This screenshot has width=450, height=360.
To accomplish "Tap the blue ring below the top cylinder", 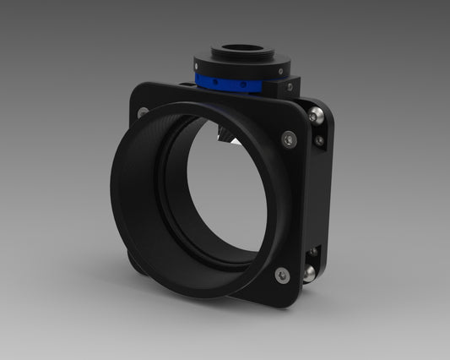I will (229, 82).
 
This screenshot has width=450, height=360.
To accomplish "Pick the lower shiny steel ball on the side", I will (311, 272).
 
